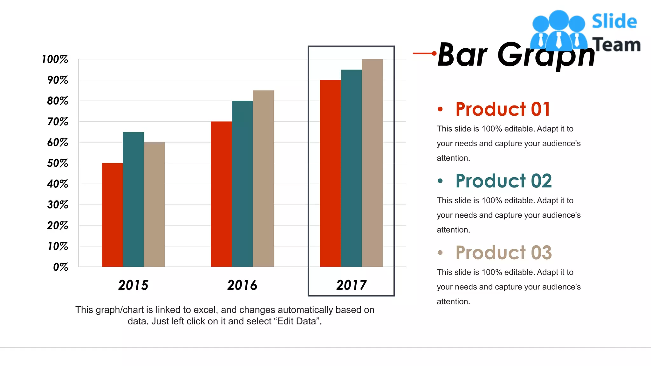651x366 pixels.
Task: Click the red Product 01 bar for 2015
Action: click(112, 215)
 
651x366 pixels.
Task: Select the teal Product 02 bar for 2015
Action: click(133, 199)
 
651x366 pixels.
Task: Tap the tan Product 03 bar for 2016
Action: click(263, 179)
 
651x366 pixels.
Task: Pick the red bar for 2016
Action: click(221, 194)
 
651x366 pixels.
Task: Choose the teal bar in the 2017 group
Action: click(351, 168)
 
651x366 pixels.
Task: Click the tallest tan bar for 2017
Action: click(372, 163)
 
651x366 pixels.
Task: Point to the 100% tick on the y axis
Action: click(55, 59)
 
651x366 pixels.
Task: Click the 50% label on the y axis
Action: click(58, 163)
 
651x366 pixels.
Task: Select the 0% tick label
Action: click(60, 267)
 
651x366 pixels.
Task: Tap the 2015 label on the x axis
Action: click(133, 285)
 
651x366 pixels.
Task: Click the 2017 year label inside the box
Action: click(351, 285)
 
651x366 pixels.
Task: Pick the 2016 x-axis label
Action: click(242, 285)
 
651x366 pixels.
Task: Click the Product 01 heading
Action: click(503, 109)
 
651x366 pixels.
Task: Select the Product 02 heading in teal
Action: click(504, 181)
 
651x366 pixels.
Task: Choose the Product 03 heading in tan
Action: click(504, 253)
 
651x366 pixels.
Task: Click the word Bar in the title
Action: click(463, 55)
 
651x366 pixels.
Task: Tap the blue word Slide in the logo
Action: click(614, 22)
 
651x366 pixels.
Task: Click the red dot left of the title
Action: click(434, 53)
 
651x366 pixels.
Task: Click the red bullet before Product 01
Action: click(440, 109)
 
